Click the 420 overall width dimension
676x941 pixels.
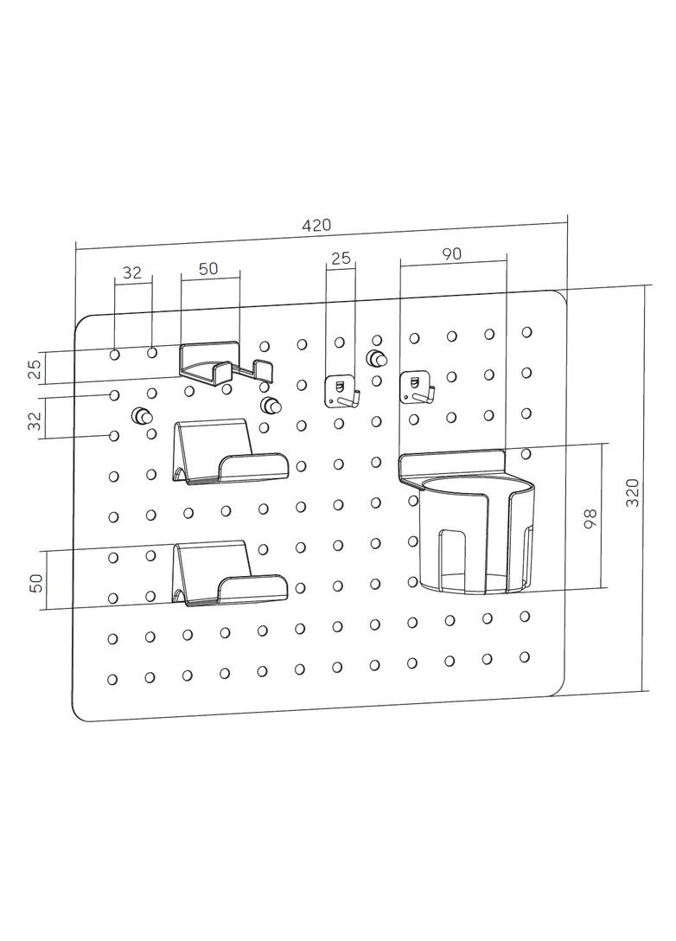316,225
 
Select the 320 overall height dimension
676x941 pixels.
634,490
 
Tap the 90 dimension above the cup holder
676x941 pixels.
451,253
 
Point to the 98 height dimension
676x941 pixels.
591,519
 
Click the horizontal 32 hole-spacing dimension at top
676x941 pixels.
132,272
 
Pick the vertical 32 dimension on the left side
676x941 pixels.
35,421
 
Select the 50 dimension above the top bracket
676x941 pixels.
208,268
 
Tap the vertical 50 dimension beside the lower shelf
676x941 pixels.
36,581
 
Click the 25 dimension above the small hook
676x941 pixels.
341,258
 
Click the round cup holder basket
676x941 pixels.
471,536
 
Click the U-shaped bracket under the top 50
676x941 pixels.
225,363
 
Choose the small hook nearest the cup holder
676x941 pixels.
417,387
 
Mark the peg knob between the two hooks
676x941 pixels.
376,358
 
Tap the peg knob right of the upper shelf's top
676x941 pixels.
271,405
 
